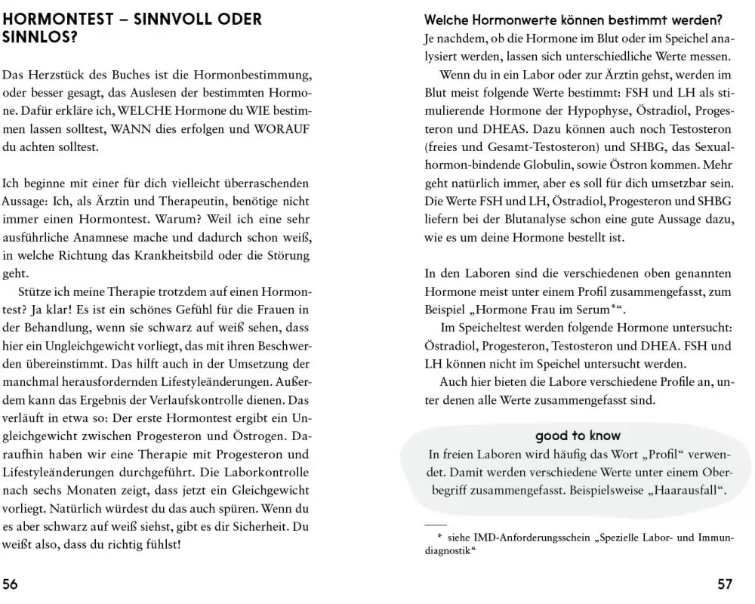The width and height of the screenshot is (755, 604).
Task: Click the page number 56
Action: (x=11, y=584)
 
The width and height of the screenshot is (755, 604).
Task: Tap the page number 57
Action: (x=725, y=584)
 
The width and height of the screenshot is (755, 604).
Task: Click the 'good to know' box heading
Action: (x=578, y=436)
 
